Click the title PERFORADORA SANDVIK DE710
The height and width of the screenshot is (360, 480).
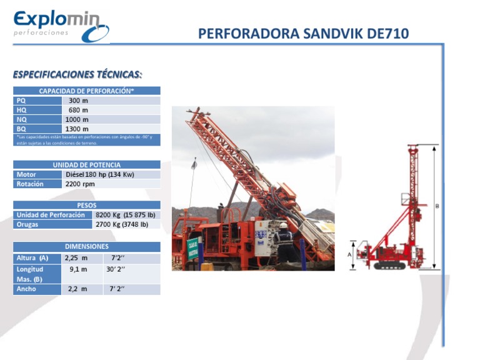tap(303, 33)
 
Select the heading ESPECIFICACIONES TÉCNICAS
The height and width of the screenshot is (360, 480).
tap(77, 74)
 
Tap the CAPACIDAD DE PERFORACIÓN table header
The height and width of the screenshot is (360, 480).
tap(87, 91)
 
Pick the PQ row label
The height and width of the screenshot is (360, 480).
tap(21, 101)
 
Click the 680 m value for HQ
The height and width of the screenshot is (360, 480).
tap(78, 110)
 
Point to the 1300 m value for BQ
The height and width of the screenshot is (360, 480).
tap(77, 129)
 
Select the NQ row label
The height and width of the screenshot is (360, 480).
tap(22, 119)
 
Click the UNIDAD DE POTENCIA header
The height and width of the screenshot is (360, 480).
tap(87, 165)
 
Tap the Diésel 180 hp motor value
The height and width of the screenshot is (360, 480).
tap(100, 174)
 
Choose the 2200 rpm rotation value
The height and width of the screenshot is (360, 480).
tap(80, 184)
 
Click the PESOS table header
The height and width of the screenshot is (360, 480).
tap(87, 205)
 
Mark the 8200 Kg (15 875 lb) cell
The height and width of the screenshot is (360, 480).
tap(126, 214)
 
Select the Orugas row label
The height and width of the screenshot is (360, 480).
tap(28, 224)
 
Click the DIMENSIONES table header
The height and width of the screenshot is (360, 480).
tap(87, 246)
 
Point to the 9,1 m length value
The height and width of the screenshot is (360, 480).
tap(79, 269)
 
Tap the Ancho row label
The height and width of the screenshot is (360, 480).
tap(26, 289)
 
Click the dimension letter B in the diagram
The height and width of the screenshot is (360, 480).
tap(437, 206)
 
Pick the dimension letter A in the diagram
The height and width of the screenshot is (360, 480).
tap(349, 254)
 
